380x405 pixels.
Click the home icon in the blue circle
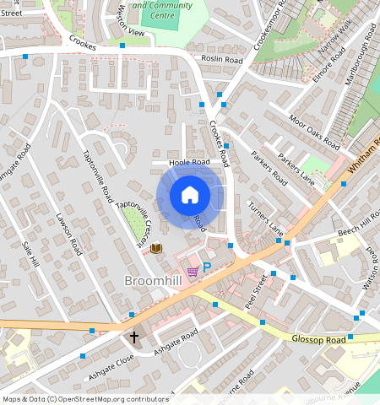pyautogui.click(x=190, y=195)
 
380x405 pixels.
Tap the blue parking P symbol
pyautogui.click(x=206, y=267)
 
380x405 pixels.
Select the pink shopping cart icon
pyautogui.click(x=193, y=271)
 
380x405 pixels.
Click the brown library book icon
pyautogui.click(x=156, y=248)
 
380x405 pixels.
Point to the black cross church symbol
pyautogui.click(x=133, y=337)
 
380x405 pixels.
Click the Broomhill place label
pyautogui.click(x=152, y=280)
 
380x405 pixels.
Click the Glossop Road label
pyautogui.click(x=323, y=339)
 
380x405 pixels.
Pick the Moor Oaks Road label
pyautogui.click(x=313, y=129)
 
